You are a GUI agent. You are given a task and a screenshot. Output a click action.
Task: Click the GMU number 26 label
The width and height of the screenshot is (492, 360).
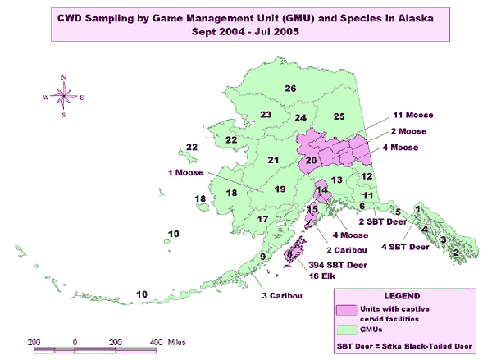tap(289, 89)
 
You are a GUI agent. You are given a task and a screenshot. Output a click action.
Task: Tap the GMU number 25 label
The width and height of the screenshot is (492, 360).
tap(339, 117)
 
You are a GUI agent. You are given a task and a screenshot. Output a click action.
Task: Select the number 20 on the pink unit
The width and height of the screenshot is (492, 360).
tap(310, 160)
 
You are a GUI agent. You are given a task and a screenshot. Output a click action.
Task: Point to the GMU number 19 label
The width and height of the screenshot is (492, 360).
tap(280, 189)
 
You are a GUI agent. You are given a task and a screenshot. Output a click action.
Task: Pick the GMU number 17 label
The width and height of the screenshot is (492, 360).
tap(262, 220)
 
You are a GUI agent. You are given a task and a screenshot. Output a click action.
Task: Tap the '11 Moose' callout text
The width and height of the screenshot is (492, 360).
tap(412, 116)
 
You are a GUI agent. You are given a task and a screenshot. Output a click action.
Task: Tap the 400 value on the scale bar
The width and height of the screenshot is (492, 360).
tap(153, 340)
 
